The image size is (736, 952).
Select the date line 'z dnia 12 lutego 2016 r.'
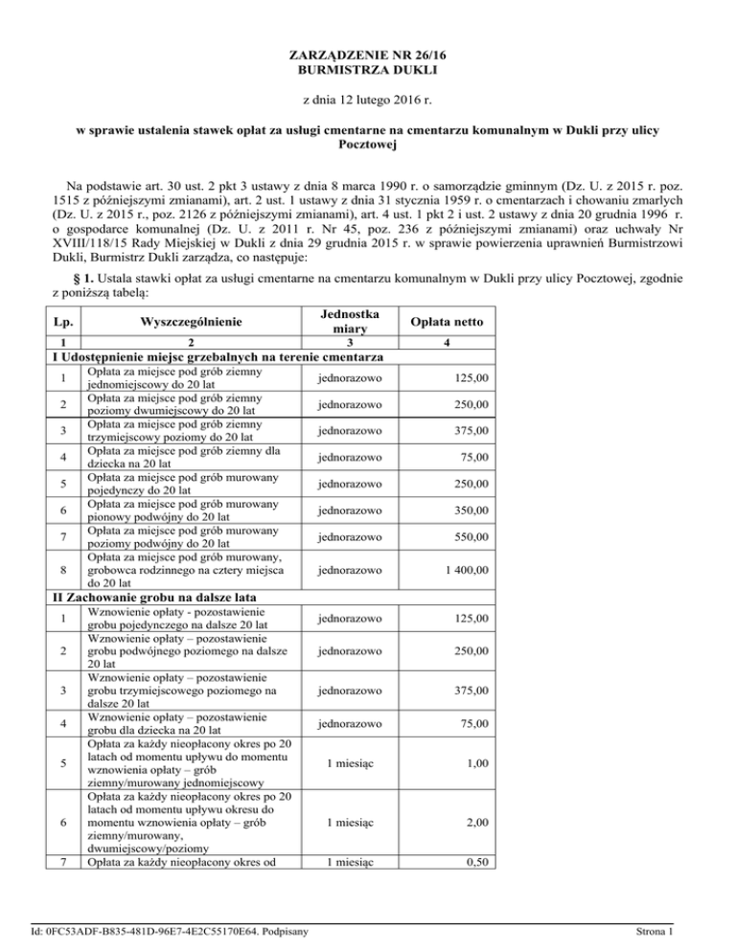pos(368,100)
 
